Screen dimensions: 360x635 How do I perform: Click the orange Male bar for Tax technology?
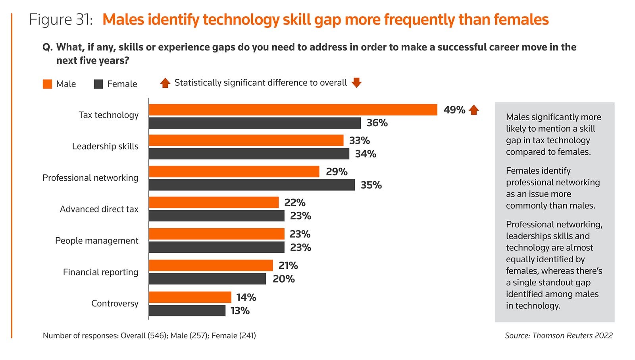click(293, 110)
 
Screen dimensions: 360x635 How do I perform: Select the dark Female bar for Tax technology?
click(255, 123)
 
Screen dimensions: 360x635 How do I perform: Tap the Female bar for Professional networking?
click(252, 185)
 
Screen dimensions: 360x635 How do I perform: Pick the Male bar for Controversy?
click(190, 297)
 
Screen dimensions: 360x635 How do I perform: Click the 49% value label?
click(454, 110)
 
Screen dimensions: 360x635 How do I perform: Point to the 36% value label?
click(377, 123)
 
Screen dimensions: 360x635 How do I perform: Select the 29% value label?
click(337, 172)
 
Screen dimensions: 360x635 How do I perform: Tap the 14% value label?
click(246, 297)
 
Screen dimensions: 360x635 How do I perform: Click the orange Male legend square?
click(47, 84)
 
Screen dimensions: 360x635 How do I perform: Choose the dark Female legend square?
click(98, 84)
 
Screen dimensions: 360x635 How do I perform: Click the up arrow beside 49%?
click(474, 110)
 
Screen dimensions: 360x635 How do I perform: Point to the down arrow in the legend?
click(357, 83)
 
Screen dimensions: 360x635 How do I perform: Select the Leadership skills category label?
click(105, 146)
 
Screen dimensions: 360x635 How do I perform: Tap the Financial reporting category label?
click(100, 272)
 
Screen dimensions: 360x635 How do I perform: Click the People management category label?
click(97, 241)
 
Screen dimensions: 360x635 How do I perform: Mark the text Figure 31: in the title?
click(61, 20)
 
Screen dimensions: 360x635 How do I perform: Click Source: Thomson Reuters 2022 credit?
click(558, 336)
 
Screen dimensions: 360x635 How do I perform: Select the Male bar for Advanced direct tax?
click(214, 202)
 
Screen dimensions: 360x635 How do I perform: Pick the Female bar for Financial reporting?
click(207, 279)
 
